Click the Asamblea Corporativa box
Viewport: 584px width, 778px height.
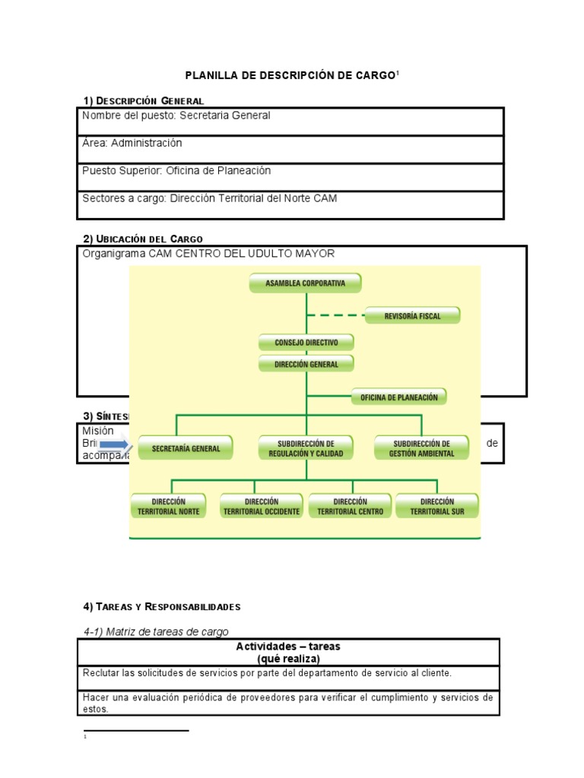[305, 283]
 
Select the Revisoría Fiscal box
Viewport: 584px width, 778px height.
[413, 315]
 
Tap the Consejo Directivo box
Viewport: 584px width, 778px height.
[306, 343]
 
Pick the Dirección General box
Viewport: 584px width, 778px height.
[306, 364]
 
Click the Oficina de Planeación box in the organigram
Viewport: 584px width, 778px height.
[399, 397]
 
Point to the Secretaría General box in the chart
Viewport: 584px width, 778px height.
[186, 448]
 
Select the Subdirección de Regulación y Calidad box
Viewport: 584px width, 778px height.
[306, 448]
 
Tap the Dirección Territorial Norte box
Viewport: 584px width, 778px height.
[175, 506]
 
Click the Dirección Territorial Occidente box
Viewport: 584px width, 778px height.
[262, 506]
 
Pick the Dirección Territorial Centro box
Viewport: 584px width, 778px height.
[350, 506]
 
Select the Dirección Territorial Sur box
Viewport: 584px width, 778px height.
[436, 506]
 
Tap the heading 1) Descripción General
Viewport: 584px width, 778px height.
[143, 100]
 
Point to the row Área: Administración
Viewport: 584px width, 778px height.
[132, 143]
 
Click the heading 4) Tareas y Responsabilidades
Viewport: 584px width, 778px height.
[161, 606]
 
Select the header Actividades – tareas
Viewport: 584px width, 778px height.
[288, 647]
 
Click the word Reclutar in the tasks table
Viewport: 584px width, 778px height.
[100, 672]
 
